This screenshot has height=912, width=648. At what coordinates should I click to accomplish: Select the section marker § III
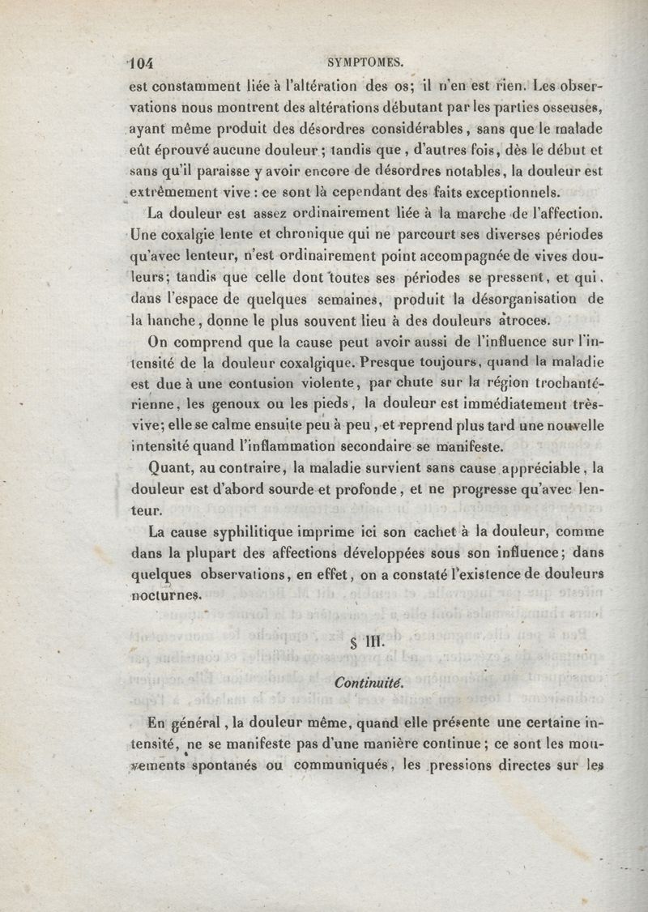[360, 645]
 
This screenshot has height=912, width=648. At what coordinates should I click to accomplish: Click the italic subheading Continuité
[368, 683]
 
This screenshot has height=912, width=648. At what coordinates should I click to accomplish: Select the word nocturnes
[164, 595]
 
